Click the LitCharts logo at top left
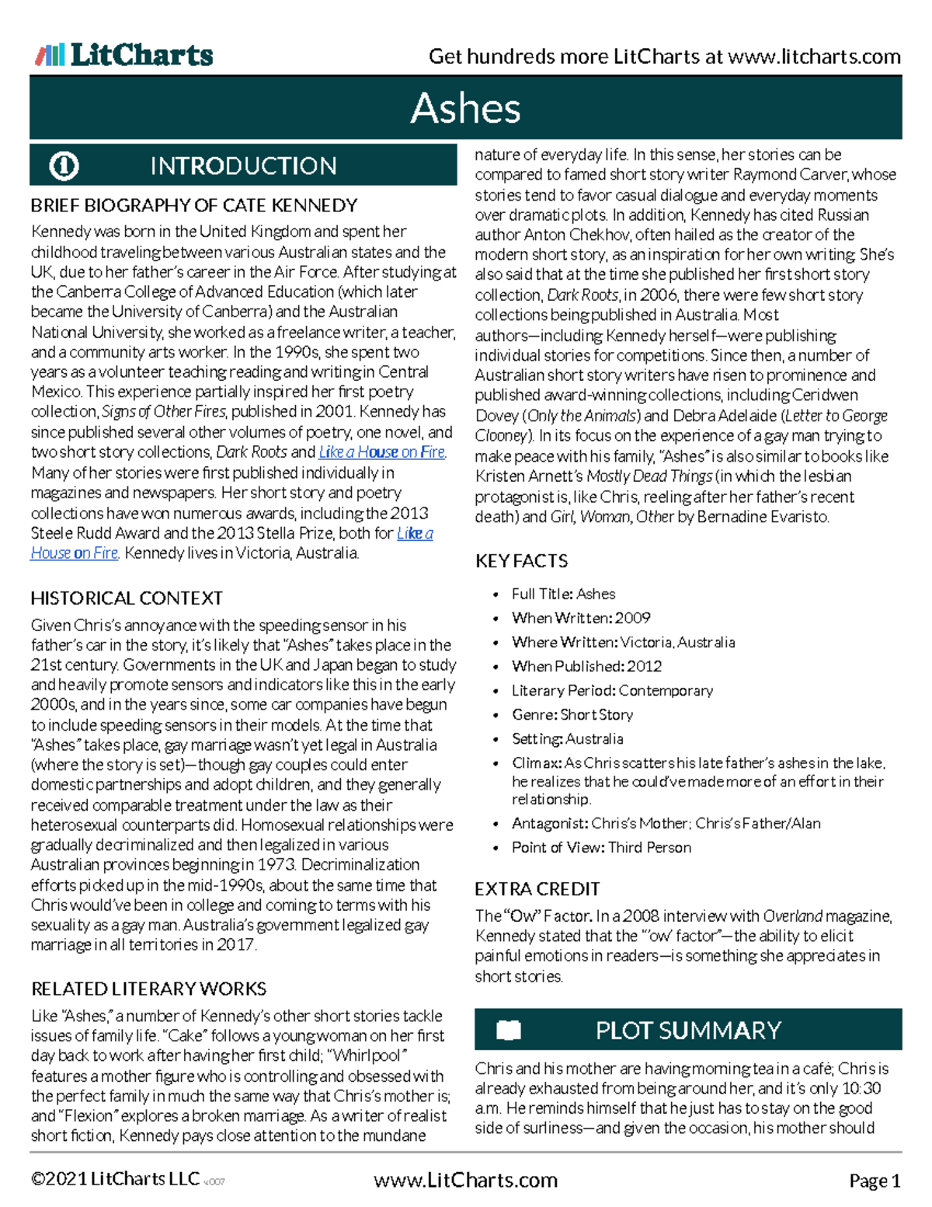pos(124,54)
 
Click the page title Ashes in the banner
pos(465,108)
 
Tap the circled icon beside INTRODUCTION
pos(64,166)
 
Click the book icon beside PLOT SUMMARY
pos(509,1031)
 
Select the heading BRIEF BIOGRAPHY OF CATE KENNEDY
pos(193,205)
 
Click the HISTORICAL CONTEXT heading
pos(127,598)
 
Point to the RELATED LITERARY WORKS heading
pos(148,989)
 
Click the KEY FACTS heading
pos(521,560)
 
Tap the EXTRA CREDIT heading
pos(537,888)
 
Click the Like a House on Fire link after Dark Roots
pos(382,452)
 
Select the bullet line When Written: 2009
pos(580,618)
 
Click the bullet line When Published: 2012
pos(586,666)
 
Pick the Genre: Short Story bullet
pos(572,714)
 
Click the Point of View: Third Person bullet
pos(600,847)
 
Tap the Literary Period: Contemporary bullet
pos(611,690)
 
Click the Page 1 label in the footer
pos(874,1181)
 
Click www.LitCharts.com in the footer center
pos(465,1181)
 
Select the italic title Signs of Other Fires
pos(164,412)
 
